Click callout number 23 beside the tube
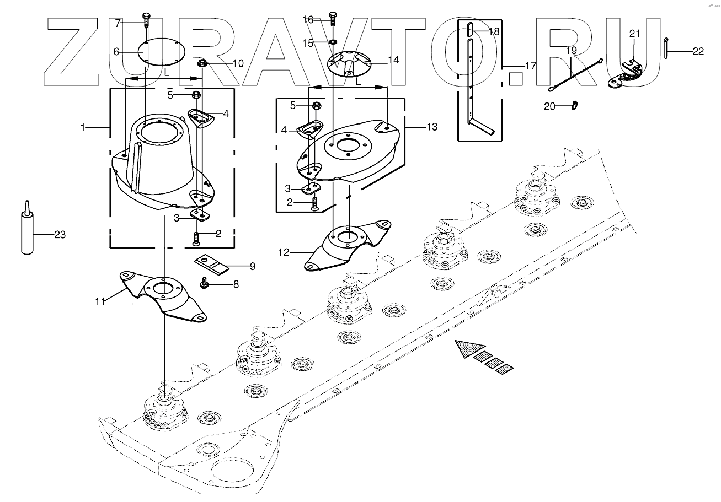coord(60,235)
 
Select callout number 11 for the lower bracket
coord(100,301)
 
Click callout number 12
coord(284,253)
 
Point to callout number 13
coord(432,127)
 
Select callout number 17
coord(530,66)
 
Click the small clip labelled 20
coord(573,104)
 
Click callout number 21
coord(634,34)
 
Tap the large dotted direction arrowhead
coord(464,349)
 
